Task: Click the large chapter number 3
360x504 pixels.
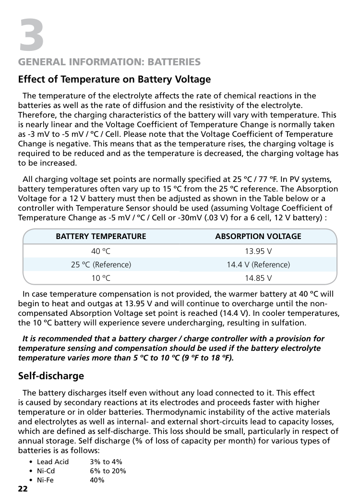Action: (31, 34)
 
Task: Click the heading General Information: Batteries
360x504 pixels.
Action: (109, 62)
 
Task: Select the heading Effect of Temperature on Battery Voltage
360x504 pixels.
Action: (114, 79)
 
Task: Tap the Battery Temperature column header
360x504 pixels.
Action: (101, 236)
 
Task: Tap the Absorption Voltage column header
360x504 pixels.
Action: (258, 236)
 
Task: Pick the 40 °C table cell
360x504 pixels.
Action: (101, 251)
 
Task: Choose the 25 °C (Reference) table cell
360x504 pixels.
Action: (101, 264)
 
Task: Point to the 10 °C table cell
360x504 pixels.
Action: (101, 278)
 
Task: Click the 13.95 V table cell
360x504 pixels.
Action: (258, 251)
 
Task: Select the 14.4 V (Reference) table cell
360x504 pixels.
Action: (258, 264)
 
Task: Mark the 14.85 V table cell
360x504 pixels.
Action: (258, 278)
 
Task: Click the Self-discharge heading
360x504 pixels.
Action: (51, 376)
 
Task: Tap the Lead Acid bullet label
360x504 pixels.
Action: (53, 462)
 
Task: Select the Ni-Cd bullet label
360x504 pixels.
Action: (46, 471)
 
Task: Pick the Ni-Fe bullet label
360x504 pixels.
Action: (46, 480)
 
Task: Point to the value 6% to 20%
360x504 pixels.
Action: (108, 471)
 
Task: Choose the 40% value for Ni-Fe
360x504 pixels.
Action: (97, 480)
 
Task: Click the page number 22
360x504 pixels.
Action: (23, 489)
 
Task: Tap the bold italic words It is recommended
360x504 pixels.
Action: (51, 339)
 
